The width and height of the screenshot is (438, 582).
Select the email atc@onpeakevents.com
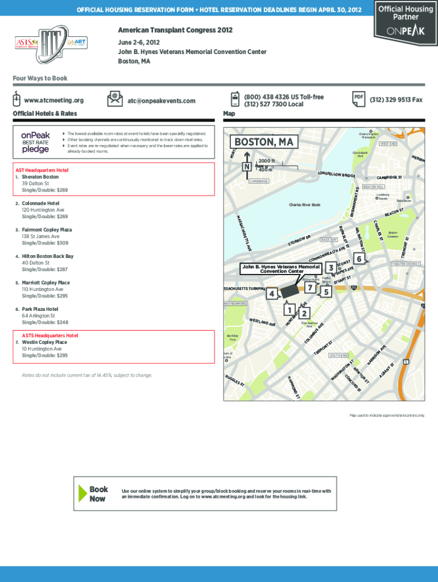pyautogui.click(x=162, y=101)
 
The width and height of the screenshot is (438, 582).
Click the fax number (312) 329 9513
pyautogui.click(x=396, y=99)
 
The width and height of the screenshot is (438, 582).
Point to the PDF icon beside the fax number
pyautogui.click(x=358, y=98)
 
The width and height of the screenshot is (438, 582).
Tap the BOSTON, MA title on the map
pyautogui.click(x=261, y=142)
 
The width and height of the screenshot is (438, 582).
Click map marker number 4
pyautogui.click(x=272, y=293)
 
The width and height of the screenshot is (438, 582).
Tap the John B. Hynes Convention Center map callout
pyautogui.click(x=281, y=268)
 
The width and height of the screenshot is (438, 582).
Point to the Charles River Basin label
pyautogui.click(x=304, y=205)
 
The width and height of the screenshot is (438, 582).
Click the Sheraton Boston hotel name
pyautogui.click(x=40, y=177)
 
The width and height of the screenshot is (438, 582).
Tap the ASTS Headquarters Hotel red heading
pyautogui.click(x=50, y=335)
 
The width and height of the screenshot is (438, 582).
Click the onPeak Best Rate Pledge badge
pyautogui.click(x=36, y=143)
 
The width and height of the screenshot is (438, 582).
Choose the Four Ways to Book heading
pyautogui.click(x=40, y=78)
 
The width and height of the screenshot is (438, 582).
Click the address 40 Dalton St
pyautogui.click(x=35, y=263)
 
